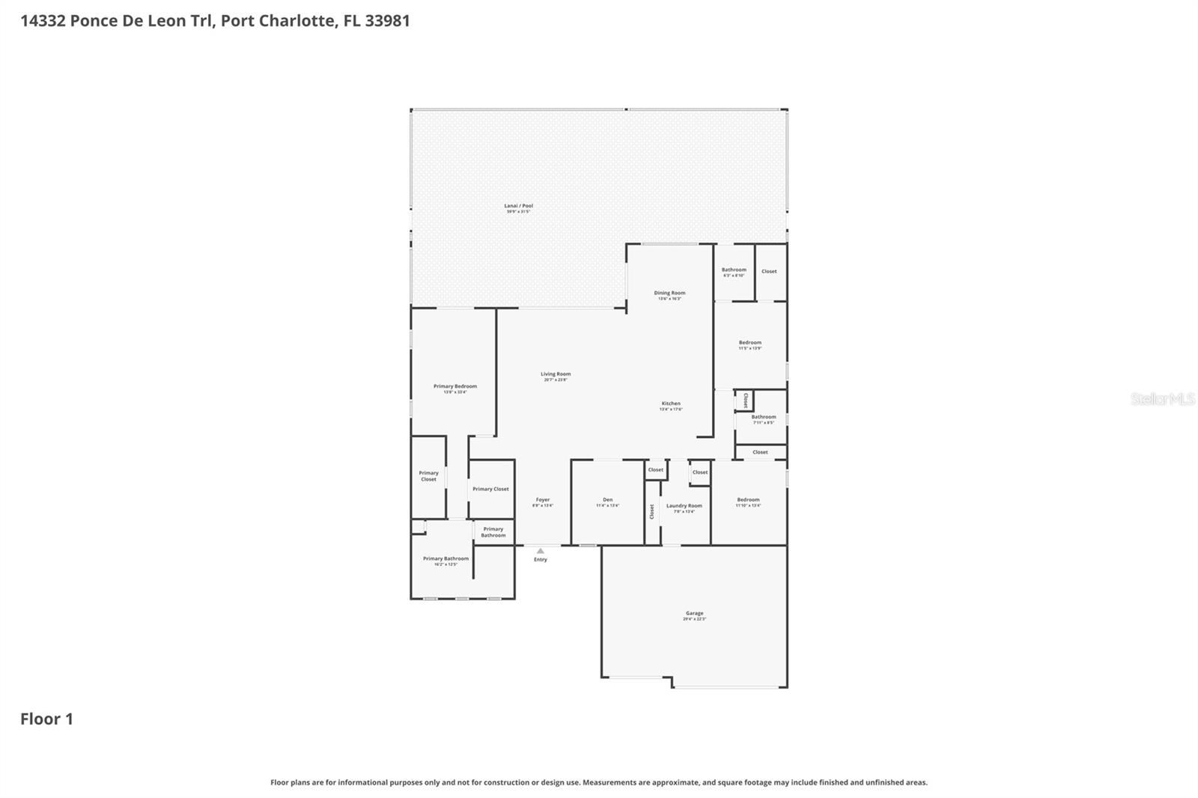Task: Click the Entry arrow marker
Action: (541, 552)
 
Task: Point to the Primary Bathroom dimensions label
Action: (446, 564)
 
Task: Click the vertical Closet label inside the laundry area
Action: (652, 511)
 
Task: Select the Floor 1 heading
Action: (46, 719)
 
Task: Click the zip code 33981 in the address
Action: (387, 20)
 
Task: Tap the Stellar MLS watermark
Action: (1162, 399)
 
